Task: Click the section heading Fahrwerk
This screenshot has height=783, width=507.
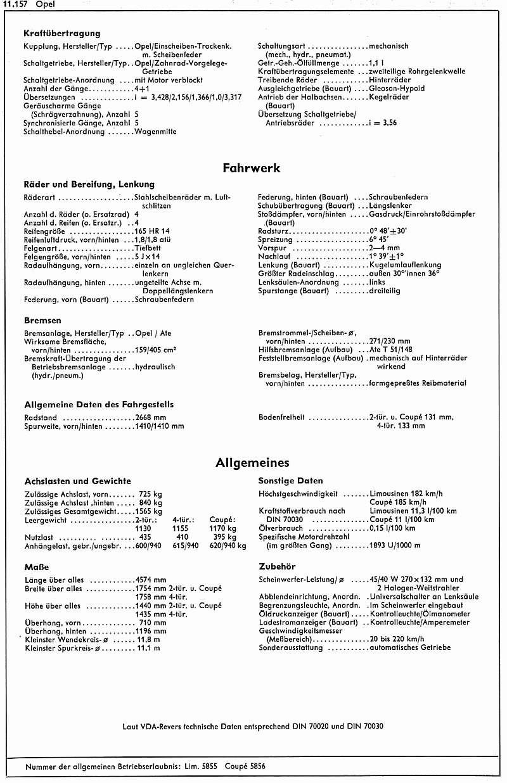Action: (x=251, y=168)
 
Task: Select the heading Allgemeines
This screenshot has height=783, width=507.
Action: (x=252, y=463)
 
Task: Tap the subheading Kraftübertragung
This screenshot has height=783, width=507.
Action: (x=61, y=33)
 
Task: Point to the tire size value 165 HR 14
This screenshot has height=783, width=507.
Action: (x=153, y=232)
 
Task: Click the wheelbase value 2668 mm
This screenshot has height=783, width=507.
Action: (x=151, y=417)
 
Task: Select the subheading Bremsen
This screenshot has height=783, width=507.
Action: (x=42, y=321)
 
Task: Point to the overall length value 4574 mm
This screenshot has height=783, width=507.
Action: (x=151, y=580)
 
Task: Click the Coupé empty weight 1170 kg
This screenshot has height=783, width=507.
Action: (x=222, y=527)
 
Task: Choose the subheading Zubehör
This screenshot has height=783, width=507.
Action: (x=277, y=566)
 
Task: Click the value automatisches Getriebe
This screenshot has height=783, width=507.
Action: (x=409, y=647)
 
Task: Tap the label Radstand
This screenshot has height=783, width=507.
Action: (x=40, y=417)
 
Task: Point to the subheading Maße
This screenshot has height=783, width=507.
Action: (x=36, y=567)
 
